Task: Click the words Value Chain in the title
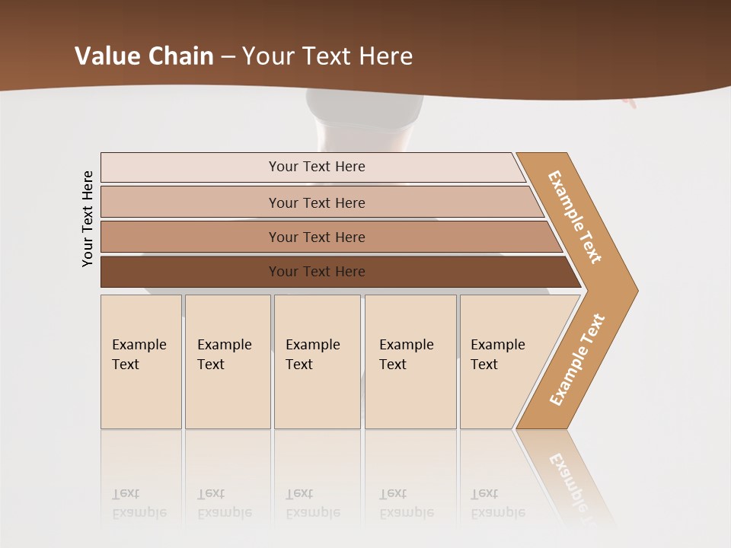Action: pos(144,56)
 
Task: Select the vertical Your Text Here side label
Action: pos(88,218)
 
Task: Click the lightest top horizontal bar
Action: pos(190,167)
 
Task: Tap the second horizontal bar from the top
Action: pos(190,202)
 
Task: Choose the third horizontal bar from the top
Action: pos(190,237)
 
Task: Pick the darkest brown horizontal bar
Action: pos(190,272)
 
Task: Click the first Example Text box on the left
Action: pos(141,362)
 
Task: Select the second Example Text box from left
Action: pos(227,362)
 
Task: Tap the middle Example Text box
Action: pos(317,362)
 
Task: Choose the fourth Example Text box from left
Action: pos(410,362)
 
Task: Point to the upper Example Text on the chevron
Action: pos(575,217)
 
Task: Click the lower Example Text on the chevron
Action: pos(577,359)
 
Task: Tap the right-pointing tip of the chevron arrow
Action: pos(634,290)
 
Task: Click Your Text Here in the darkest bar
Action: pos(317,272)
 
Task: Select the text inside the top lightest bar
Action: pos(317,167)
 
